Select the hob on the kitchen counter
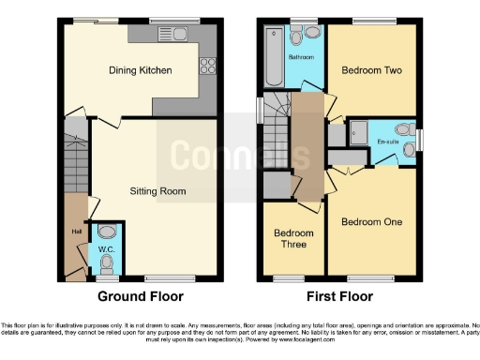[x=208, y=67]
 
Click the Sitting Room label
[x=157, y=191]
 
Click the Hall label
[x=76, y=232]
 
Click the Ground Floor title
[x=141, y=296]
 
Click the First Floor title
[x=339, y=296]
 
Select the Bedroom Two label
[x=368, y=70]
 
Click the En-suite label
[x=387, y=142]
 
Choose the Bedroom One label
[x=371, y=222]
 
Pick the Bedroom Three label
[x=292, y=239]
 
